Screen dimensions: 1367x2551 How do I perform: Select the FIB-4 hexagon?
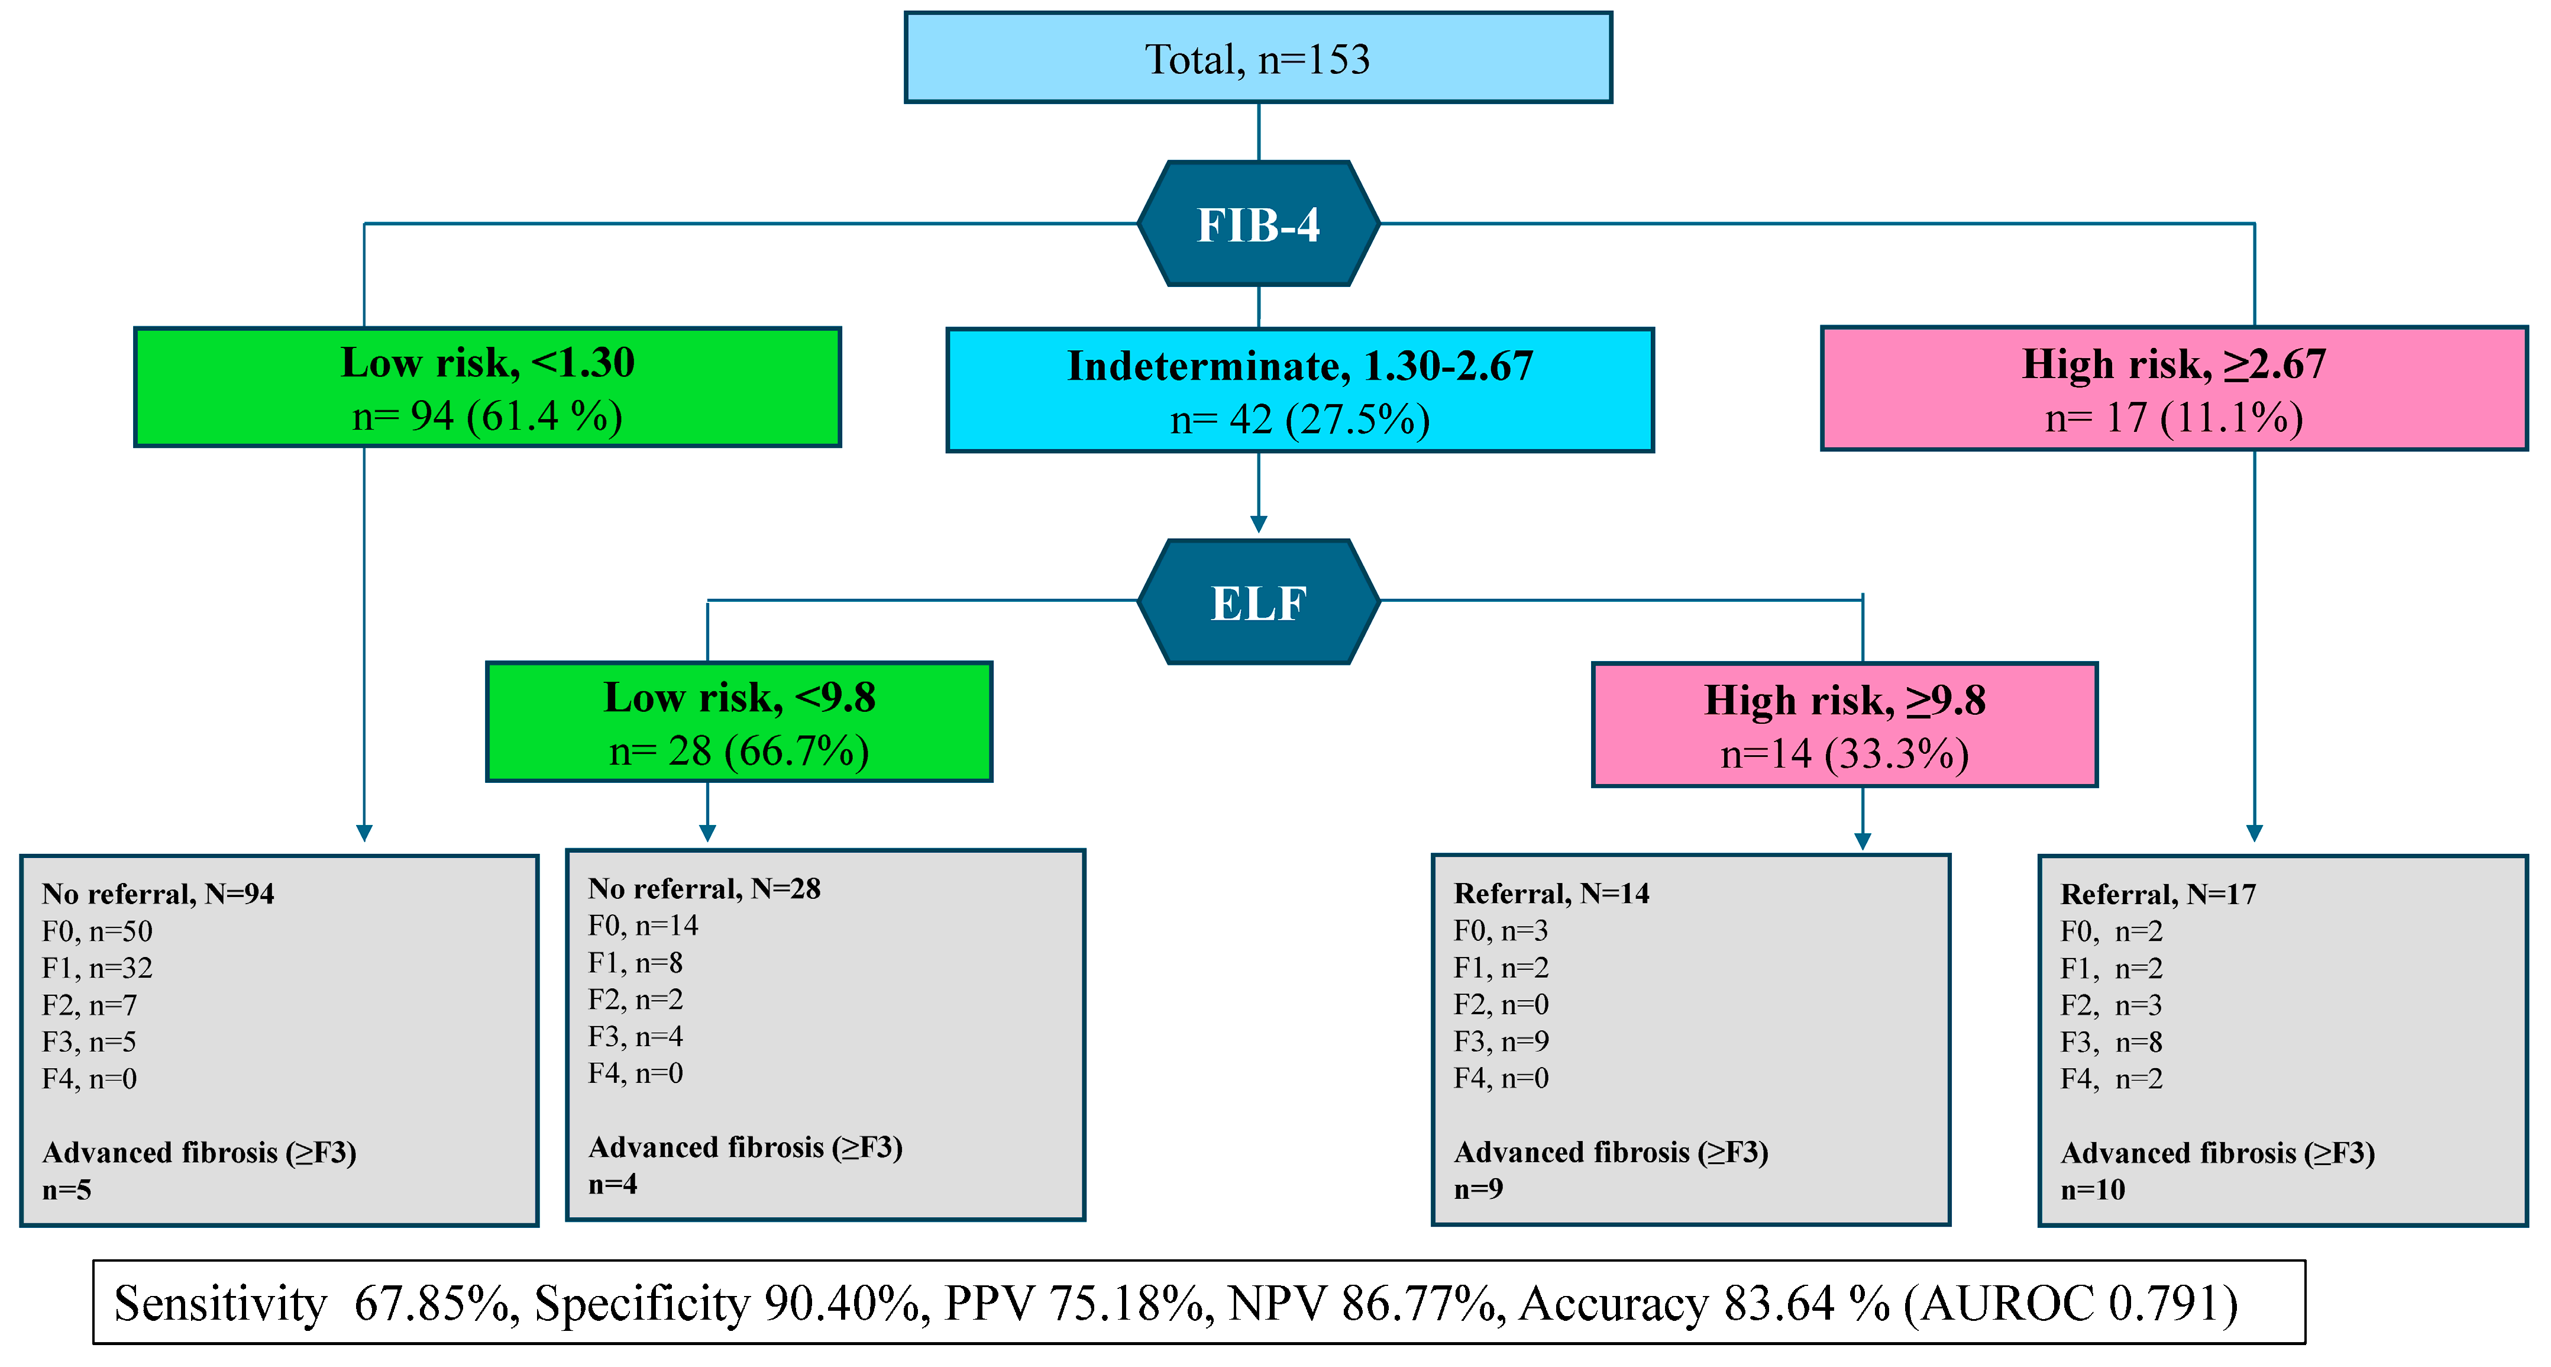pos(1257,224)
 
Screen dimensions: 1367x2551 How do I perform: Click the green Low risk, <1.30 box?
pos(487,387)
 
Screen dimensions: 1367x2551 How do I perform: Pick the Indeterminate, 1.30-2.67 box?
pos(1299,391)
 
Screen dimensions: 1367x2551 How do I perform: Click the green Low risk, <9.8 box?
pos(739,722)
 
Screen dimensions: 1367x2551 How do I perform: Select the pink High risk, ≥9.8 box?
pos(1844,725)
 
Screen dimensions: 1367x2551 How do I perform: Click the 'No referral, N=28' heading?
pos(704,889)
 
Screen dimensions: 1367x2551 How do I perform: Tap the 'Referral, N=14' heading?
pos(1551,894)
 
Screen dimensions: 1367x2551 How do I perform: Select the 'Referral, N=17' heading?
pos(2158,895)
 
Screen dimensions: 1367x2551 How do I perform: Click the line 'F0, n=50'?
pos(97,931)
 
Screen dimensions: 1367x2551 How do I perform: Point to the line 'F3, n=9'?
pos(1501,1041)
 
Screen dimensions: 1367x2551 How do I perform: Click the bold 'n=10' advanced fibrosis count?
pos(2093,1189)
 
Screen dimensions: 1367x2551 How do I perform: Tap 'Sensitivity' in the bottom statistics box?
pos(220,1304)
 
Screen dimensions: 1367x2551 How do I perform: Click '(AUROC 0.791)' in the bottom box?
pos(2070,1304)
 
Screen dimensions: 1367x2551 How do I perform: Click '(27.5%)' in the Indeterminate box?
pos(1357,420)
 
